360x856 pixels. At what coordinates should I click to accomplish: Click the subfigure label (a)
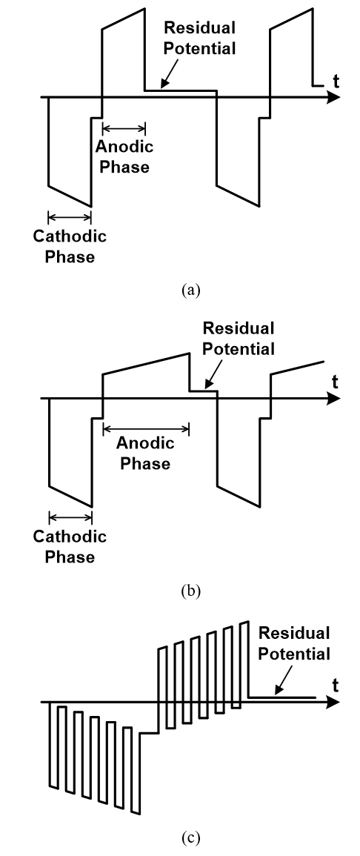point(191,289)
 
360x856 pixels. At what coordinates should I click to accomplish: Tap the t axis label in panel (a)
point(336,82)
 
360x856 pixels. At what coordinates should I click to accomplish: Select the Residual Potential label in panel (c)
point(293,643)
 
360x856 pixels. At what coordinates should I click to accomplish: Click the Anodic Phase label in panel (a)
point(124,156)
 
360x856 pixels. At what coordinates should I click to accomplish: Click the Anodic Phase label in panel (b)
point(145,453)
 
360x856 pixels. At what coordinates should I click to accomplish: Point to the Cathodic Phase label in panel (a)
point(70,246)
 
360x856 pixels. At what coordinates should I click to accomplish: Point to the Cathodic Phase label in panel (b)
point(70,546)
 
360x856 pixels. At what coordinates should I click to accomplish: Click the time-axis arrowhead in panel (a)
point(333,98)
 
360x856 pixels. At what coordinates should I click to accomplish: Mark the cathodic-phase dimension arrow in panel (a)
point(70,216)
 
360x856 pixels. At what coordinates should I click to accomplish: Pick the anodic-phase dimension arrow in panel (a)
point(124,129)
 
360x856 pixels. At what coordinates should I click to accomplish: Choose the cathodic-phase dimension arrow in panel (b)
point(70,517)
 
